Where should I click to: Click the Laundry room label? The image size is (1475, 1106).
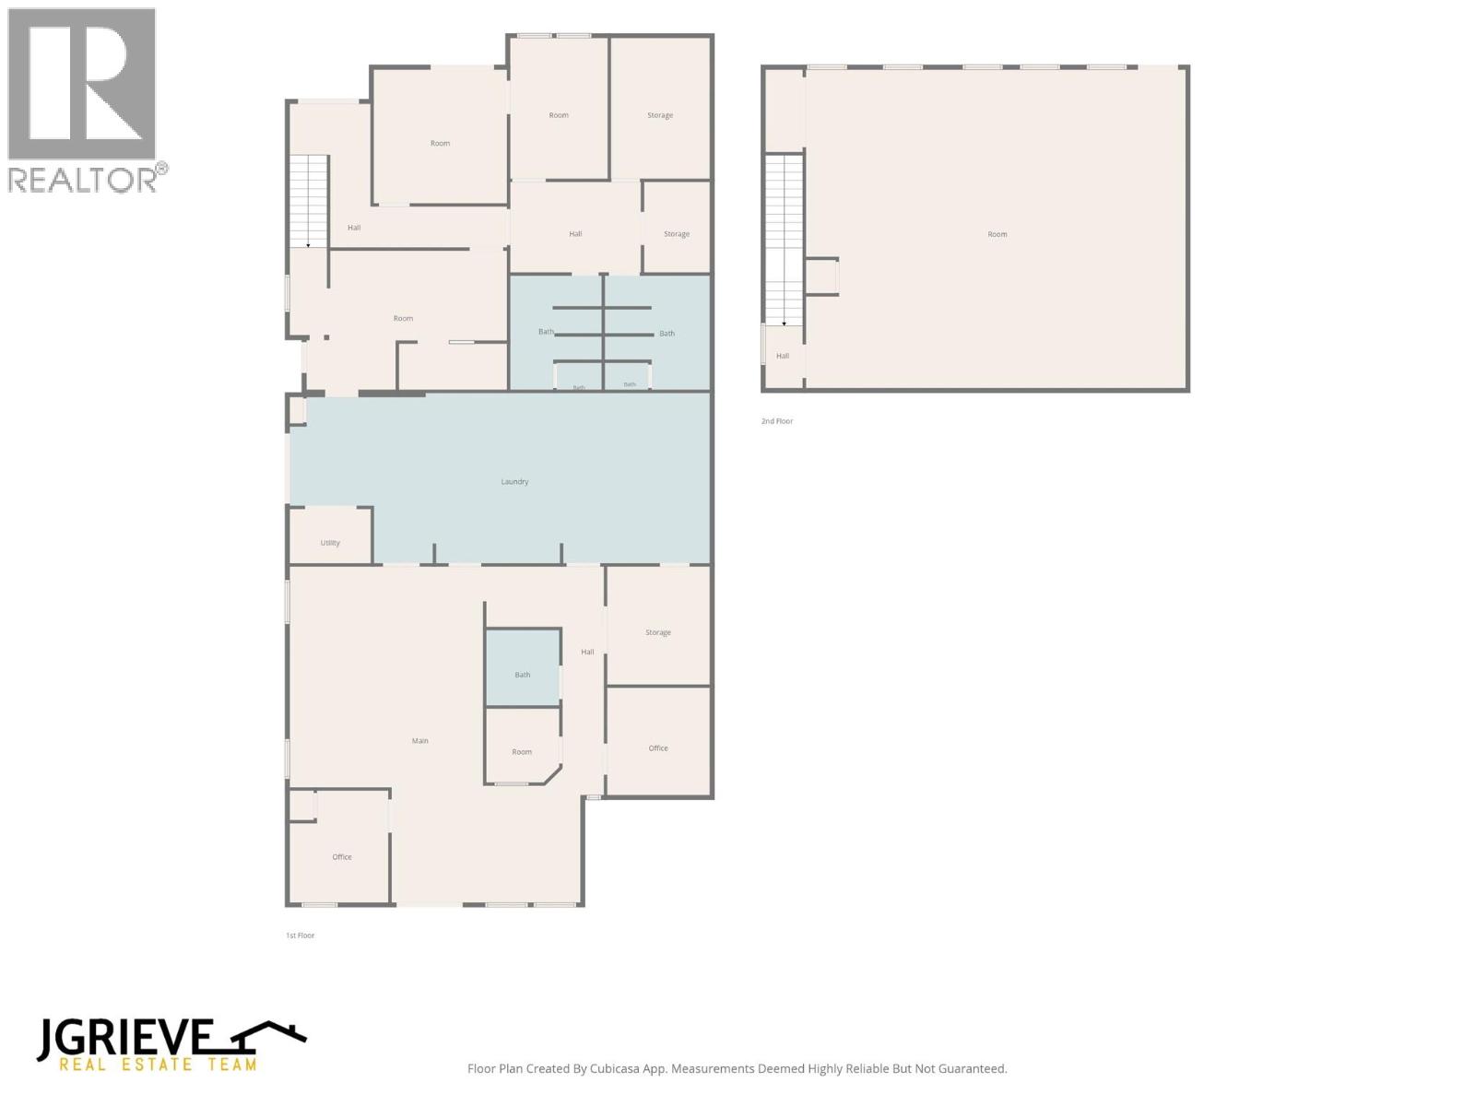click(514, 481)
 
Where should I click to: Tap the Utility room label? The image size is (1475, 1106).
click(330, 543)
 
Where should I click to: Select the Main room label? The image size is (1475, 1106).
click(420, 741)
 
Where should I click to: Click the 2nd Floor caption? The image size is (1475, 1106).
click(777, 421)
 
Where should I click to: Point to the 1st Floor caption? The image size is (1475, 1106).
click(300, 935)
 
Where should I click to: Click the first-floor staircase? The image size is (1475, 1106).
click(309, 202)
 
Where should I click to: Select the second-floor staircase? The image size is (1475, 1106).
click(785, 240)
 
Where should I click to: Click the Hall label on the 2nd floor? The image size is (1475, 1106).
click(783, 356)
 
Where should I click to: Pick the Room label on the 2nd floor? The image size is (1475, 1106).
click(997, 234)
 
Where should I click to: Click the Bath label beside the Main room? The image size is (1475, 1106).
click(522, 675)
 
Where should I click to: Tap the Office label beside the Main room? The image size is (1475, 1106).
click(342, 857)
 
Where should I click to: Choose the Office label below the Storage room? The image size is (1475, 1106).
click(658, 748)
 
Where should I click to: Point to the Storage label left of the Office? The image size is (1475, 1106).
click(658, 632)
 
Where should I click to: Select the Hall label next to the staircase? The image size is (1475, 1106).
click(354, 228)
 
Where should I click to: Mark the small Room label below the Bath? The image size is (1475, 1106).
click(522, 752)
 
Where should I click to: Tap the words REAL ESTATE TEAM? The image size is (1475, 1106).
click(158, 1065)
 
